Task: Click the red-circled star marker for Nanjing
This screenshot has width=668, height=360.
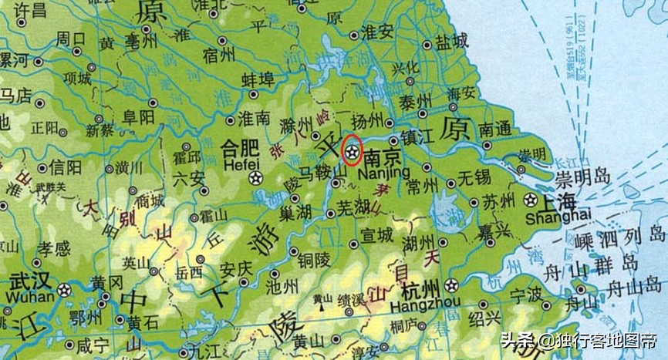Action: (x=353, y=150)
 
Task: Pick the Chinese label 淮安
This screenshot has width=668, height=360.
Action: (x=378, y=33)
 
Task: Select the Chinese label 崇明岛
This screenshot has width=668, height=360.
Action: (x=583, y=178)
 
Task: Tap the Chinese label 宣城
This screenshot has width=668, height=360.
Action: (x=376, y=234)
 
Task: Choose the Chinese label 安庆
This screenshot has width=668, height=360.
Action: (x=236, y=270)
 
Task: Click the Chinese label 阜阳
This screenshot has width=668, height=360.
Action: (x=139, y=116)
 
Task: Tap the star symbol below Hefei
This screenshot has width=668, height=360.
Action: (x=255, y=179)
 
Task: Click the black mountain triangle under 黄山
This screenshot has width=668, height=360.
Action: (x=320, y=309)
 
